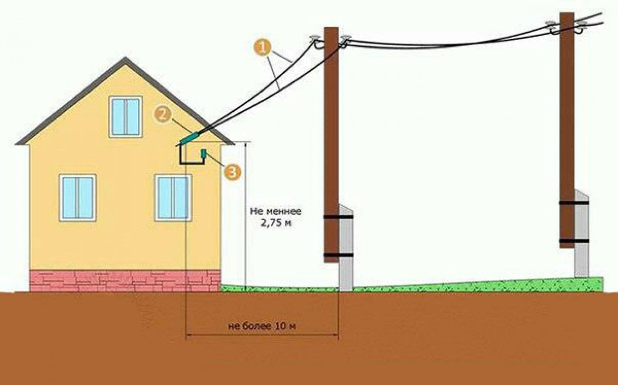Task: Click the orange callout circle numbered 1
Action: click(263, 48)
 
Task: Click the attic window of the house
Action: click(126, 117)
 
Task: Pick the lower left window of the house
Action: click(77, 198)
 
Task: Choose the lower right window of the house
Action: click(173, 198)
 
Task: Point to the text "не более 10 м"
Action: click(262, 327)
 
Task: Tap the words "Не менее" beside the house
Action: click(275, 211)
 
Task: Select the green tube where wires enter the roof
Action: click(190, 138)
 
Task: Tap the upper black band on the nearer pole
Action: click(338, 217)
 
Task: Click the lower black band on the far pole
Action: click(574, 241)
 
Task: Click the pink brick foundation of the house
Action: click(125, 281)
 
